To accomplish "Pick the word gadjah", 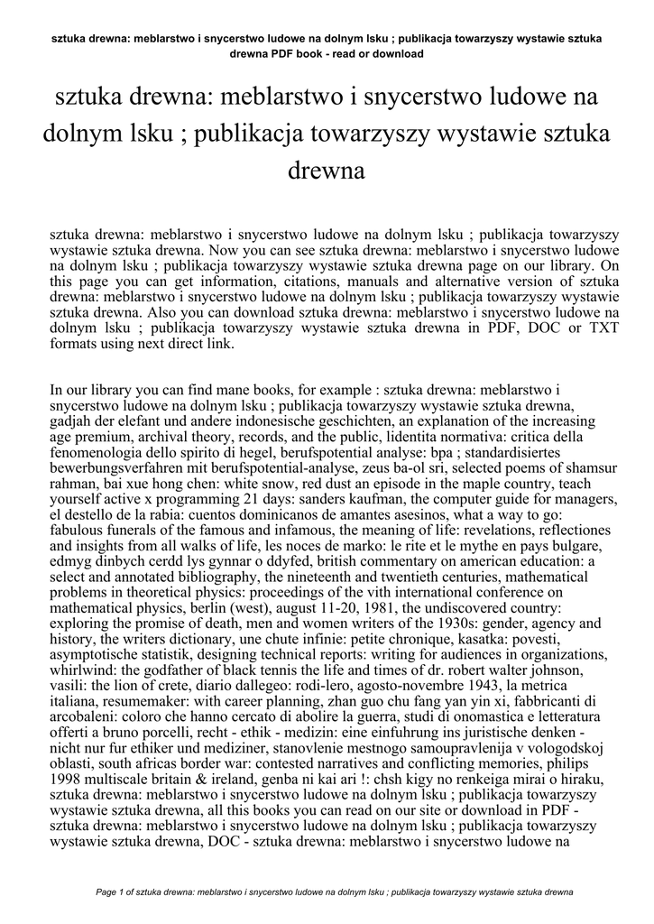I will point(73,421).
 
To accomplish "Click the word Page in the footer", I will point(107,892).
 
